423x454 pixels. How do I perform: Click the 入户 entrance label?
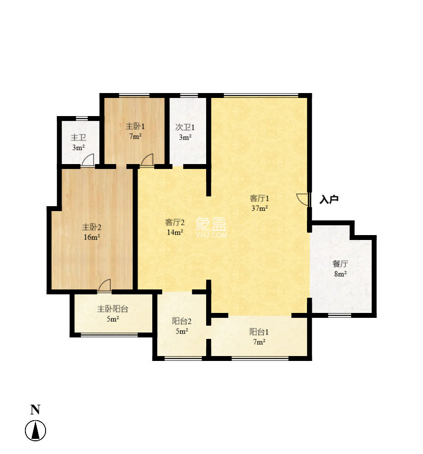(x=329, y=199)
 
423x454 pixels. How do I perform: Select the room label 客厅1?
(x=259, y=198)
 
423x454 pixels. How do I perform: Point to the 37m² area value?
(x=259, y=208)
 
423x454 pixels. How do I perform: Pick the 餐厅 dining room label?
(x=341, y=264)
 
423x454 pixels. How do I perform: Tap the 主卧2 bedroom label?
(x=91, y=227)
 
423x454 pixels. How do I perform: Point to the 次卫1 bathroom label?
(x=185, y=127)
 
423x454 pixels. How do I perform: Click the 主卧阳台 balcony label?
(x=113, y=309)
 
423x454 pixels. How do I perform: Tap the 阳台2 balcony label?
(x=181, y=321)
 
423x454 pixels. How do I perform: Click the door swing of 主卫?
(x=88, y=160)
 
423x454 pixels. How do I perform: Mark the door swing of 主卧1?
(x=147, y=160)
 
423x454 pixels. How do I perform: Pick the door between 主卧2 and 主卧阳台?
(x=105, y=285)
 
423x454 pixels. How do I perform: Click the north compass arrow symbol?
(x=35, y=431)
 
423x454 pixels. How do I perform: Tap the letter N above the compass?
(x=35, y=410)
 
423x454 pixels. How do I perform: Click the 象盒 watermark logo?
(x=211, y=226)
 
